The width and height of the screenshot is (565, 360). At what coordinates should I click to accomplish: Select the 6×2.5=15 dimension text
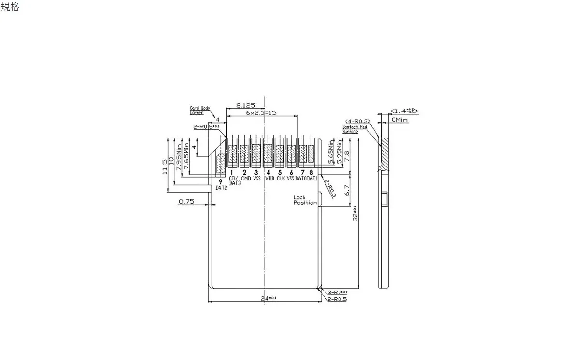[261, 112]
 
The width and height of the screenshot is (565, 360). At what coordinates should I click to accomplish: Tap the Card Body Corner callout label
[200, 111]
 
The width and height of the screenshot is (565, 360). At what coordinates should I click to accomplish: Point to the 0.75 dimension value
[186, 202]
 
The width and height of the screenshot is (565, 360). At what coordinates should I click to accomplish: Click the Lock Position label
[305, 200]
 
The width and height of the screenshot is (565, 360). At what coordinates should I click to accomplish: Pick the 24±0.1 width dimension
[268, 298]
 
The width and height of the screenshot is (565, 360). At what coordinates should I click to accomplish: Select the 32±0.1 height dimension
[355, 212]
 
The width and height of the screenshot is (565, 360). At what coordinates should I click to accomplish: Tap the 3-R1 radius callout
[337, 292]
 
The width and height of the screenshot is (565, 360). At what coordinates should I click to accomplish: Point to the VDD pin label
[269, 178]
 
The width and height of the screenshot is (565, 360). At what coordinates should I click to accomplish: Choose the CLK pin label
[281, 178]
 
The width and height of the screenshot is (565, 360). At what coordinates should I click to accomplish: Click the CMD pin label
[246, 178]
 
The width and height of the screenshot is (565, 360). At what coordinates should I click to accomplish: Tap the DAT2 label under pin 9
[221, 188]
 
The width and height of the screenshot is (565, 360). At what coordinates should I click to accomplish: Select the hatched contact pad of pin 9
[221, 164]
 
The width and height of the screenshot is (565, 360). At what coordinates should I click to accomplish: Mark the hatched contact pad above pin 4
[268, 154]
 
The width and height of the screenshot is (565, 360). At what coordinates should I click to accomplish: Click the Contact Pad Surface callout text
[354, 129]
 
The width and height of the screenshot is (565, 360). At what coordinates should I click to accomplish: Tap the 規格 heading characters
[10, 7]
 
